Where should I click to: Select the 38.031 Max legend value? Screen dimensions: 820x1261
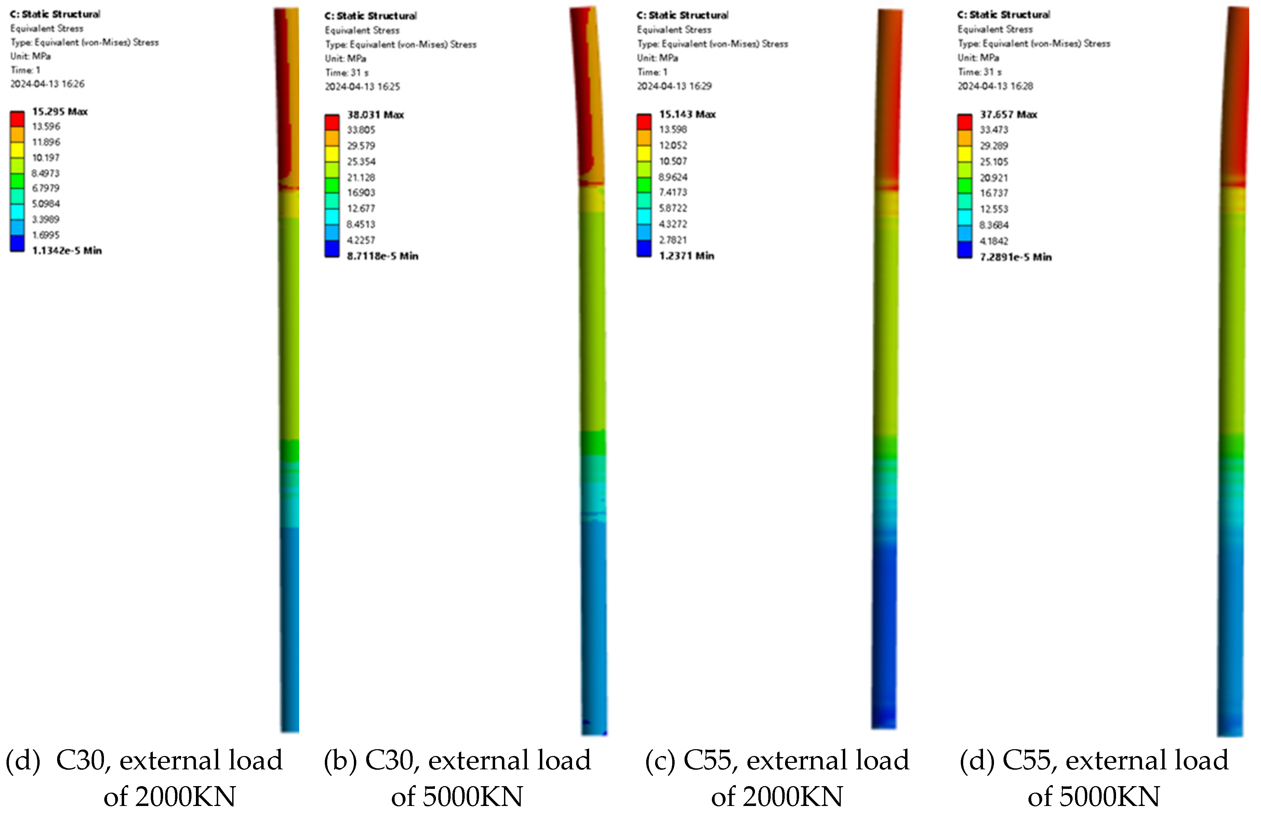pyautogui.click(x=375, y=115)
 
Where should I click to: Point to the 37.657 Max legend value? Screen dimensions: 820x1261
pyautogui.click(x=1008, y=115)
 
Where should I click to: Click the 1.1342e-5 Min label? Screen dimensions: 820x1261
pyautogui.click(x=67, y=251)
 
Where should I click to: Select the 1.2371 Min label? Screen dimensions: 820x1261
pyautogui.click(x=687, y=256)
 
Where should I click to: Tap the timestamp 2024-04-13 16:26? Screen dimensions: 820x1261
pyautogui.click(x=47, y=84)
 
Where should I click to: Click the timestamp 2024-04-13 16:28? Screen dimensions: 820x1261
pyautogui.click(x=995, y=86)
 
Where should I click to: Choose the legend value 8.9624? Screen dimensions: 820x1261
pyautogui.click(x=673, y=177)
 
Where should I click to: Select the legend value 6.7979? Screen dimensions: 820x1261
pyautogui.click(x=45, y=188)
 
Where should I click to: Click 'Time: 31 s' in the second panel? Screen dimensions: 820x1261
pyautogui.click(x=346, y=73)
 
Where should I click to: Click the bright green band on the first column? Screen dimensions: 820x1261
pyautogui.click(x=289, y=451)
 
